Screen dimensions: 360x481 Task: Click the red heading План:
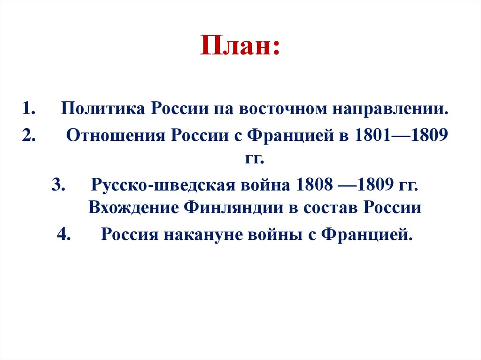[240, 45]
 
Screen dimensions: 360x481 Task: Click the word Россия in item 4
[128, 233]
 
